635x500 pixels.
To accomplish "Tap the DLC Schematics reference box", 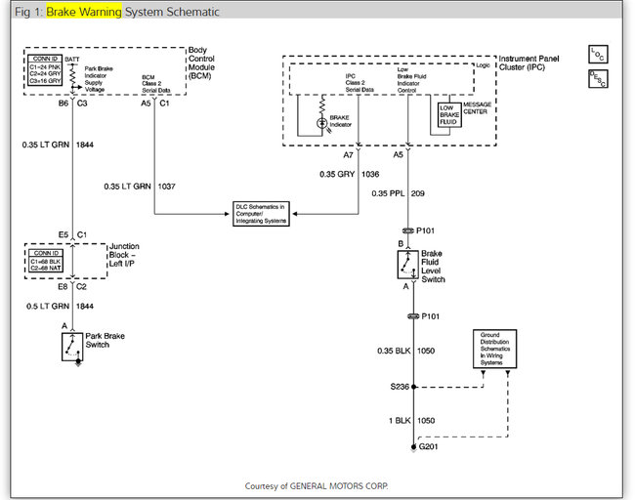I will [263, 212].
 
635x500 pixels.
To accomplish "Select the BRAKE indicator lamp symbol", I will [321, 123].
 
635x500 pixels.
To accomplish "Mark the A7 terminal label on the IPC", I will [349, 153].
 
